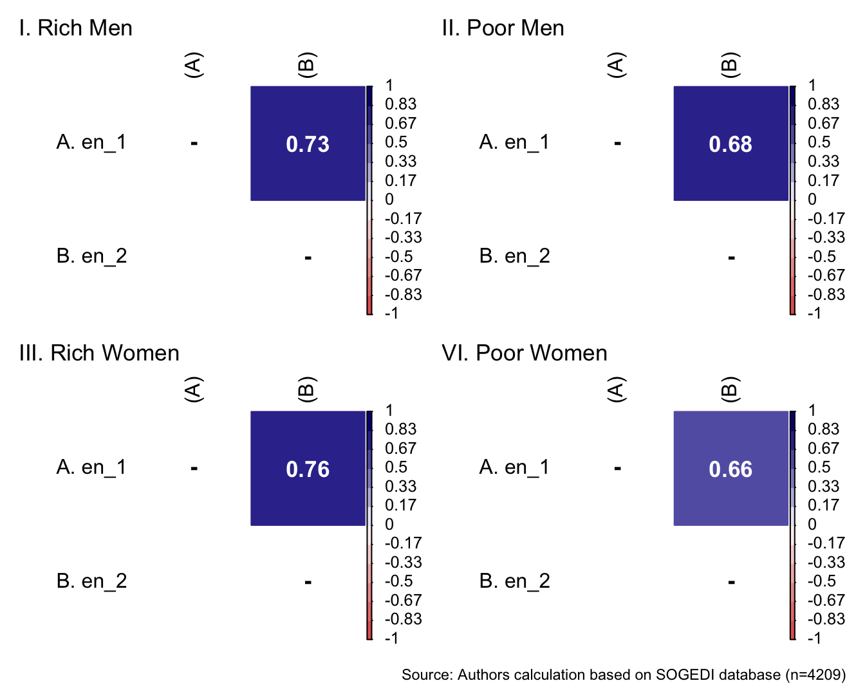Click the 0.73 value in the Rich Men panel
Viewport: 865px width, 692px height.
tap(308, 144)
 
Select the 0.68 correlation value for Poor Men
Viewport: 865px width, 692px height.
tap(730, 144)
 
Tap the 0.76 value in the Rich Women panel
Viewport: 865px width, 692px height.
tap(308, 469)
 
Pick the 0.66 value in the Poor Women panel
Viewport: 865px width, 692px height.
tap(730, 469)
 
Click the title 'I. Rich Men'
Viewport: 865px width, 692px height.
tap(76, 28)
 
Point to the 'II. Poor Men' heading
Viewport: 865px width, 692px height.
tap(503, 28)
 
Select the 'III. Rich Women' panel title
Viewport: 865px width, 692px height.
tap(99, 353)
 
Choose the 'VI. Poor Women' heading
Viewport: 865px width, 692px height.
tap(525, 353)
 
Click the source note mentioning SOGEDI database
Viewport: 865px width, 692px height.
tap(623, 675)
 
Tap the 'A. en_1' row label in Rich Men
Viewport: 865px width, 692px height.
tap(91, 142)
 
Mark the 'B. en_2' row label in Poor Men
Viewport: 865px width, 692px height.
tap(515, 256)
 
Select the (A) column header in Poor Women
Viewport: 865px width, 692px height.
tap(617, 389)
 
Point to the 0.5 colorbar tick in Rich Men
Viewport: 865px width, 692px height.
tap(396, 142)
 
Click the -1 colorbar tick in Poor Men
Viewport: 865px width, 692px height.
tap(814, 313)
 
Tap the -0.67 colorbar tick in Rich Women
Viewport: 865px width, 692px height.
tap(403, 600)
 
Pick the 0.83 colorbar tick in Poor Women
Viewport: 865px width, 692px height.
tap(823, 429)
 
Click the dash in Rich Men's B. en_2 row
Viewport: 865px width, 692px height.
tap(308, 257)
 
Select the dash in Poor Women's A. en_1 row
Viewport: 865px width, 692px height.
tap(617, 468)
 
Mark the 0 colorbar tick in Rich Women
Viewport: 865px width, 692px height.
tap(389, 524)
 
